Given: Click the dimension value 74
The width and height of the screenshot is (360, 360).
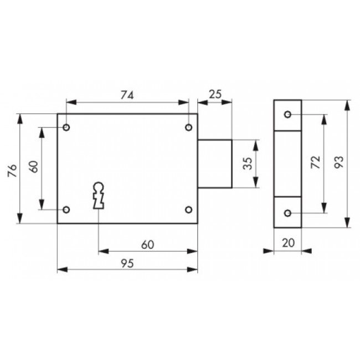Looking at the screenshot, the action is [127, 95].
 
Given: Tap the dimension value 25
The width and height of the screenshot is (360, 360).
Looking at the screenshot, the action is [215, 94].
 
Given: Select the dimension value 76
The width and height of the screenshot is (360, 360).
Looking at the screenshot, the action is [13, 171].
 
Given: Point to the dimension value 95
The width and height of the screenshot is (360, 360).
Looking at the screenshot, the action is [127, 263].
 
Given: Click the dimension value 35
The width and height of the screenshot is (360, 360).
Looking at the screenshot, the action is [248, 163].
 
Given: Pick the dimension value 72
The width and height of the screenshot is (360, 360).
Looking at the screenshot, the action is [316, 162].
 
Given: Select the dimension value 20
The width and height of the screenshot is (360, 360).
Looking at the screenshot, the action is [289, 243].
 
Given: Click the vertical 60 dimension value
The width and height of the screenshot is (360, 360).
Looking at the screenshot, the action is [34, 167].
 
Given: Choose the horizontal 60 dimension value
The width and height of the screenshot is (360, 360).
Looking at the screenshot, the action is [148, 245].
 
